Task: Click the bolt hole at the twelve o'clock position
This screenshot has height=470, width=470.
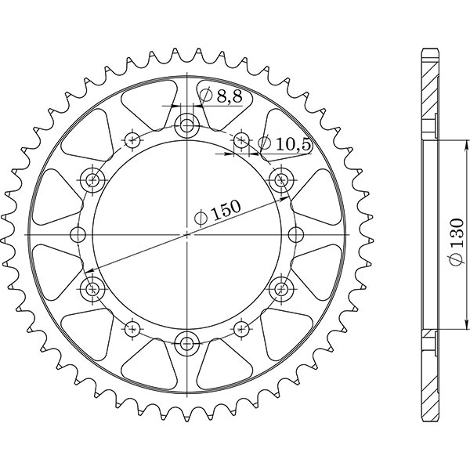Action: (x=187, y=124)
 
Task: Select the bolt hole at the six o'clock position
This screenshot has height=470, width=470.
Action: (x=187, y=342)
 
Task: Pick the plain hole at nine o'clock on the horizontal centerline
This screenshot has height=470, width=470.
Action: (x=78, y=233)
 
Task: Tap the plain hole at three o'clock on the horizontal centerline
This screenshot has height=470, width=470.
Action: (x=296, y=233)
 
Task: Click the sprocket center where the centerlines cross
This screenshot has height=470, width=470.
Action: (x=187, y=233)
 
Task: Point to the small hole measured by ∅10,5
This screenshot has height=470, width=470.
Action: (x=241, y=140)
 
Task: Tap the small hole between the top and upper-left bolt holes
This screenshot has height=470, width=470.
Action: (x=132, y=140)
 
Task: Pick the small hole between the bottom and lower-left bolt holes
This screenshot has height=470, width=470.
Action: (x=132, y=327)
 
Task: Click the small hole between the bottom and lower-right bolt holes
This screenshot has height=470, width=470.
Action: (x=241, y=327)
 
